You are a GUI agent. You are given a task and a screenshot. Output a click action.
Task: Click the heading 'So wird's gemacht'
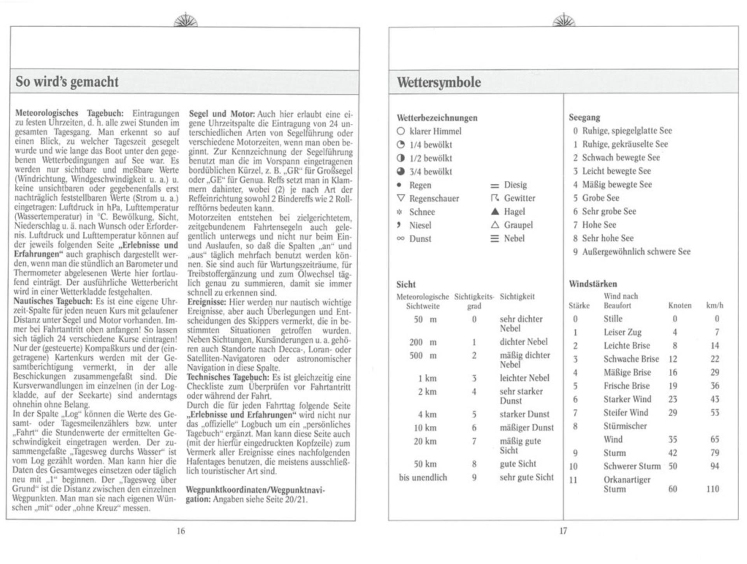click(x=67, y=82)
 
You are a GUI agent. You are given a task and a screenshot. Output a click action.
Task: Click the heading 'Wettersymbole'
click(x=439, y=83)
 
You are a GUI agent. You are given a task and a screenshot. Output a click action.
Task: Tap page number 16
click(x=181, y=531)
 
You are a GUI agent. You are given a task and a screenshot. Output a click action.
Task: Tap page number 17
click(x=563, y=531)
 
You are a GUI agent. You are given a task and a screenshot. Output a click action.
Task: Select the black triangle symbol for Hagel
click(x=495, y=211)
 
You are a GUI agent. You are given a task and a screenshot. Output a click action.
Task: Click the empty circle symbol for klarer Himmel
click(x=401, y=131)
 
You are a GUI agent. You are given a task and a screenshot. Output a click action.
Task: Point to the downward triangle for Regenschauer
click(x=401, y=198)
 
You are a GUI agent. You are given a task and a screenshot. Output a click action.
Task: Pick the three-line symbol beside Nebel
click(x=494, y=238)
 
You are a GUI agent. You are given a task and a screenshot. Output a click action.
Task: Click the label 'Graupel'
click(x=518, y=225)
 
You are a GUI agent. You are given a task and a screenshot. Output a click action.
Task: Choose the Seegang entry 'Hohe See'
click(x=599, y=225)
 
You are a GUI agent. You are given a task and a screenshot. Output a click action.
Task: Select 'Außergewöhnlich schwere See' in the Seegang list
click(x=636, y=252)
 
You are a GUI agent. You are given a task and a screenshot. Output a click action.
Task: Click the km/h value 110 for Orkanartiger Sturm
click(x=712, y=489)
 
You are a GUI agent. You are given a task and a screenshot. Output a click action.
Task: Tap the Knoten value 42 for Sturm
click(x=673, y=453)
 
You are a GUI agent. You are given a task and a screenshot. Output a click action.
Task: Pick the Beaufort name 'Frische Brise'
click(x=626, y=386)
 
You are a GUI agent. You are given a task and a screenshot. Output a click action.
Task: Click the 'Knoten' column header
click(x=680, y=306)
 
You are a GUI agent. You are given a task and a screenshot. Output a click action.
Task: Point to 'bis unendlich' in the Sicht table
click(x=423, y=478)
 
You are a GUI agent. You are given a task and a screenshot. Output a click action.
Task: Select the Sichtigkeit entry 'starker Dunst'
click(x=524, y=414)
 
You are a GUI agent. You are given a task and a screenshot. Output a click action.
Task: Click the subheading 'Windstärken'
click(x=593, y=284)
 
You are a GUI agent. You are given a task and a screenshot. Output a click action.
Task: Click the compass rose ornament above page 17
click(x=563, y=20)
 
